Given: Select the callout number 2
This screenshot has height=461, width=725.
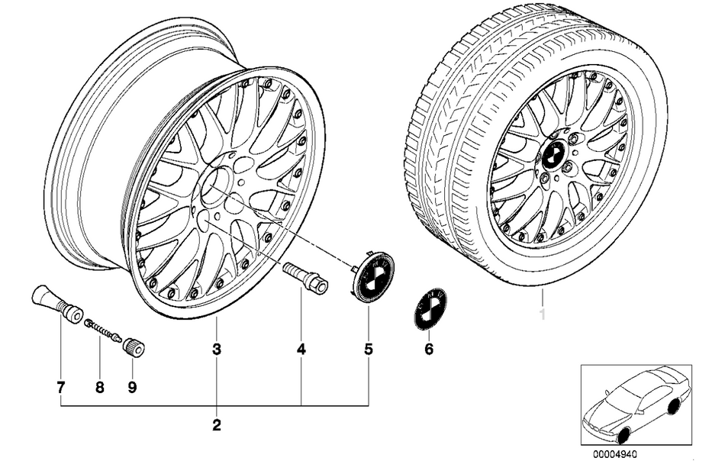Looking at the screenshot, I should click(217, 424).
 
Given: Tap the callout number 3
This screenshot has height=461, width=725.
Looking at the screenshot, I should click(217, 350).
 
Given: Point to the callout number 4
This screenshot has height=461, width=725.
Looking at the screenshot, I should click(301, 350).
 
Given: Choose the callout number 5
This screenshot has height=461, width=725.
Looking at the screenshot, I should click(369, 350).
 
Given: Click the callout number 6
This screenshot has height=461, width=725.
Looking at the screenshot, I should click(428, 350).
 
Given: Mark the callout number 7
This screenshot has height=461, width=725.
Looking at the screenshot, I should click(60, 387).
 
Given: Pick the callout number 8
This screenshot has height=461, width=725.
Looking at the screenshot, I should click(99, 387).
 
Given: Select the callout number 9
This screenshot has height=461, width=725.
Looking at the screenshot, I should click(131, 387).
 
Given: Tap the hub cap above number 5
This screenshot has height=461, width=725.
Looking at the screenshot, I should click(369, 277).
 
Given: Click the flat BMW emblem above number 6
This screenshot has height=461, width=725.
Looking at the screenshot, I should click(430, 309).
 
